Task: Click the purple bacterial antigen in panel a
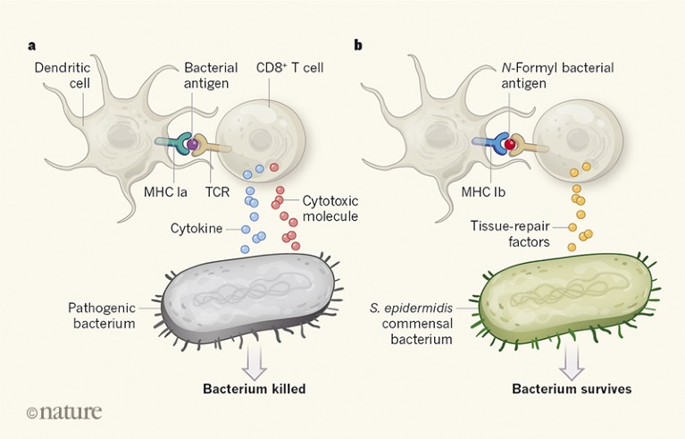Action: [x=190, y=144]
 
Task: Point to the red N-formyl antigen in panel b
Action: [x=510, y=144]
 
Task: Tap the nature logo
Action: [x=63, y=412]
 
